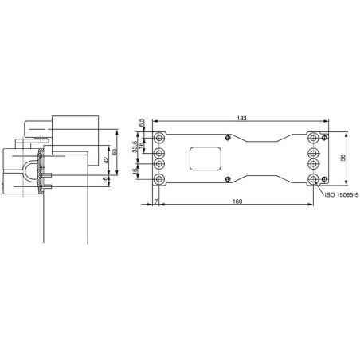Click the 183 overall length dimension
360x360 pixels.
[x=241, y=118]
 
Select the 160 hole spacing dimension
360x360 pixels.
[x=237, y=202]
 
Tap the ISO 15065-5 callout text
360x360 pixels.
[x=342, y=195]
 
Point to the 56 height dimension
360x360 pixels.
[x=342, y=158]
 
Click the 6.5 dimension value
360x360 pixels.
[x=141, y=123]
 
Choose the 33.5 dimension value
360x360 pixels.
[x=135, y=147]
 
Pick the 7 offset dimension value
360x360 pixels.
[x=156, y=202]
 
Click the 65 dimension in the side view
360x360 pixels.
[x=115, y=152]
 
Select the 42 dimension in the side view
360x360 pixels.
[x=106, y=160]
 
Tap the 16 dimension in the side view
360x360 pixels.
[x=106, y=179]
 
